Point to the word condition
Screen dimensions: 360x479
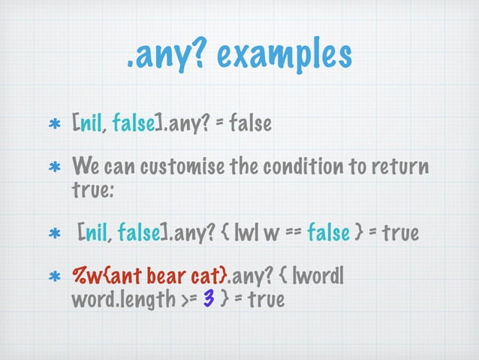(x=295, y=165)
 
